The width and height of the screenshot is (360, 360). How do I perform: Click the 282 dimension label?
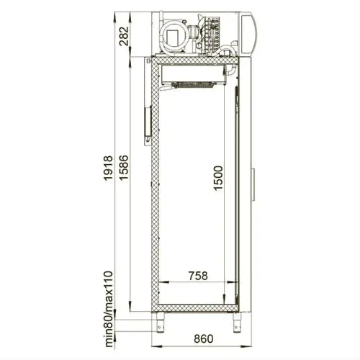coord(125,36)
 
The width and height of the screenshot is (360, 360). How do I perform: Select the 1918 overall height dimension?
coord(108,168)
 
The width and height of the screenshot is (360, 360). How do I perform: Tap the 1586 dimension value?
coord(124,168)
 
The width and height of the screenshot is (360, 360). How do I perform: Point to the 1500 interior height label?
coord(218,178)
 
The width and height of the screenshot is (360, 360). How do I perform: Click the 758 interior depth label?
coord(198,276)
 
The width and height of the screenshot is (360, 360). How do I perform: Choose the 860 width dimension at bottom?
coord(203,338)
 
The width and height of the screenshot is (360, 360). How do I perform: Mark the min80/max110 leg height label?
coord(109,309)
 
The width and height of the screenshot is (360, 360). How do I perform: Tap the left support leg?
coord(159,323)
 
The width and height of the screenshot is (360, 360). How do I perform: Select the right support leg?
coord(236,323)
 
